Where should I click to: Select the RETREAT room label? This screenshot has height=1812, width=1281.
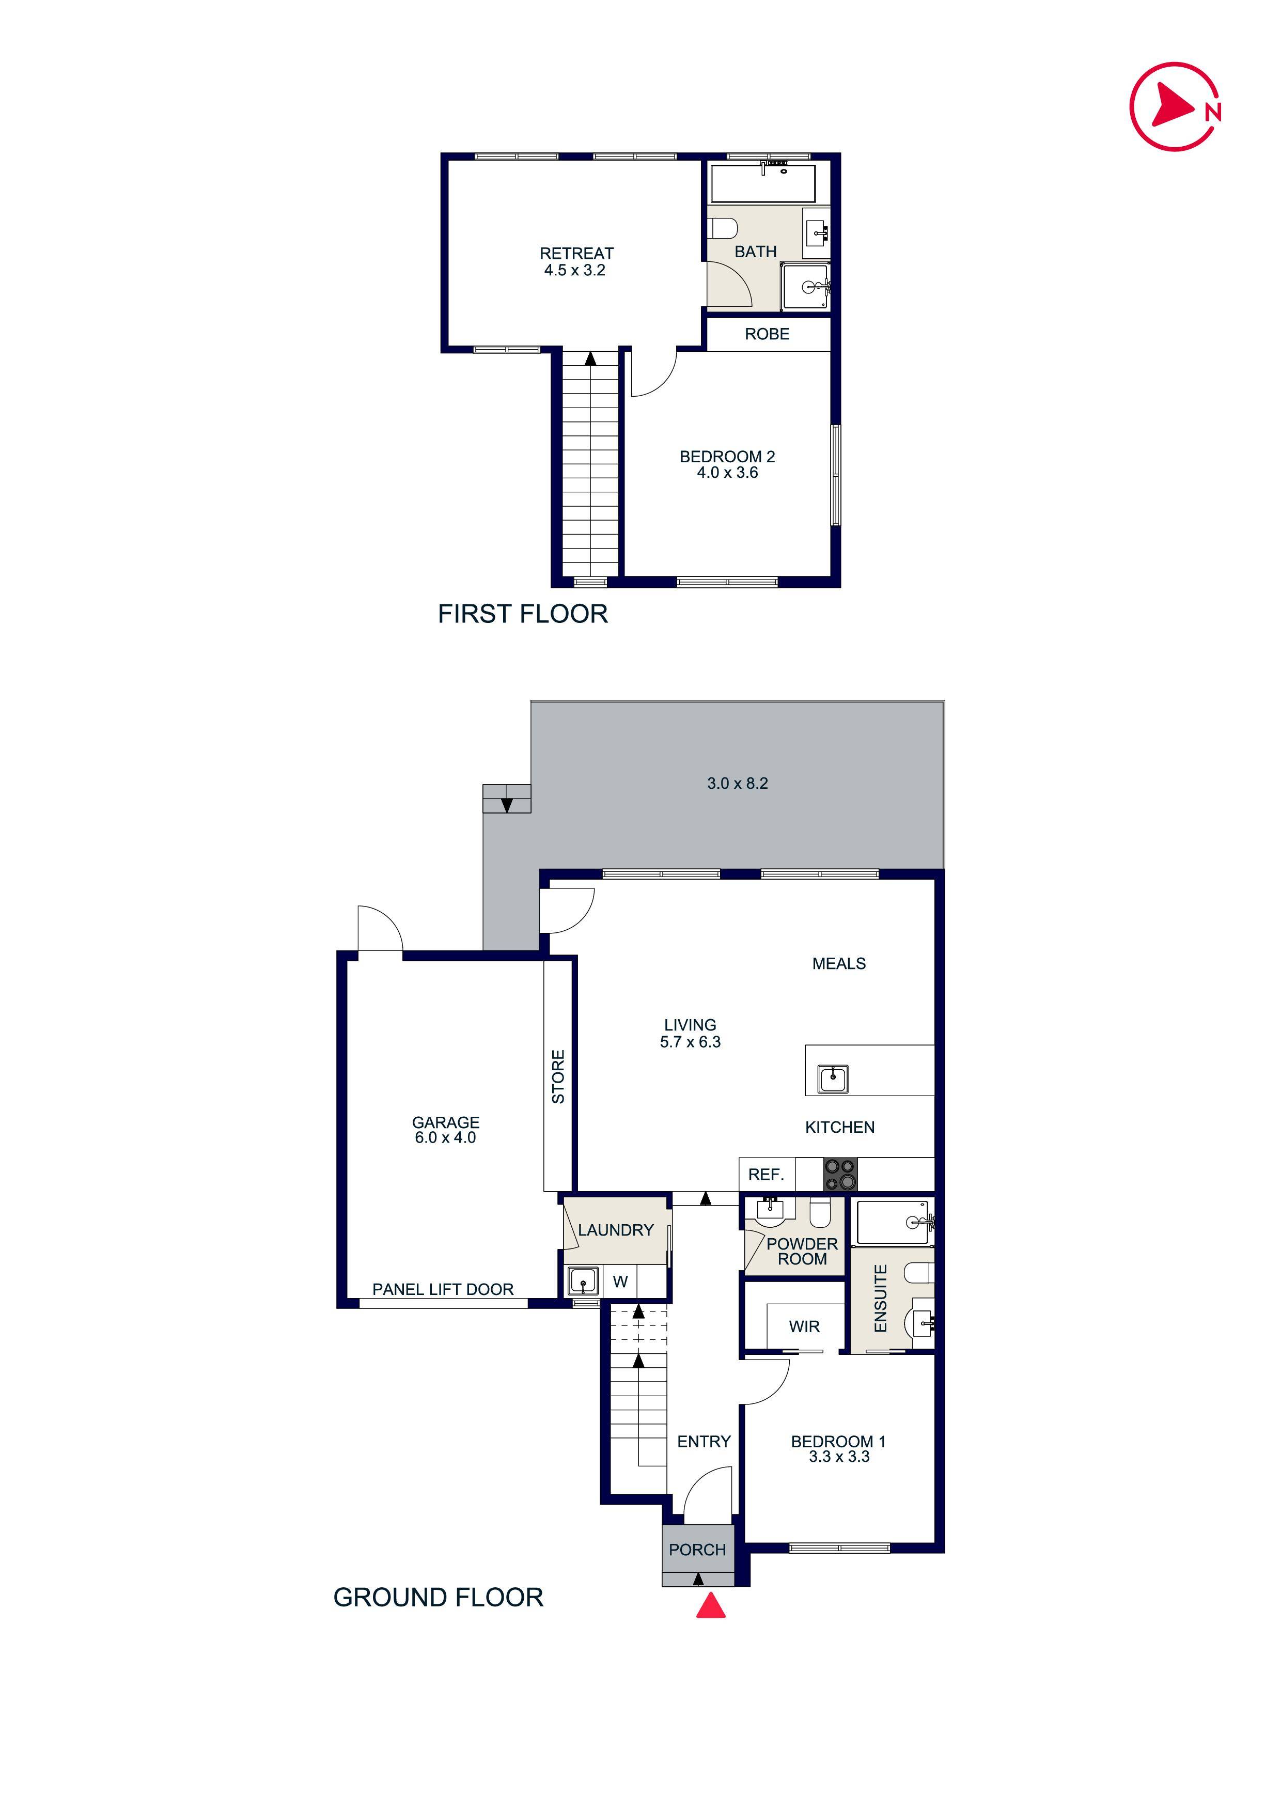576,253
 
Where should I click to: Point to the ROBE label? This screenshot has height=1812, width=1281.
767,334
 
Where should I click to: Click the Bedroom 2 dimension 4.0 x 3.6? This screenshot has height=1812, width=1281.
727,473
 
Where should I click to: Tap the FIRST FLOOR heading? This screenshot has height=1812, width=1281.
523,614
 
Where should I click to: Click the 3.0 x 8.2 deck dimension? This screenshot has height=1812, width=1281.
737,784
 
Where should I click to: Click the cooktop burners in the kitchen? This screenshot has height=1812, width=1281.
840,1174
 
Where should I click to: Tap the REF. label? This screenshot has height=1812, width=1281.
766,1174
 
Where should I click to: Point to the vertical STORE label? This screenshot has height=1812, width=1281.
558,1076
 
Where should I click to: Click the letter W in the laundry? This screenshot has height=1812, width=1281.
620,1282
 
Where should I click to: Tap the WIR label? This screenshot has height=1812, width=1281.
804,1326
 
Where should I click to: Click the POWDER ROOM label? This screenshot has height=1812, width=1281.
802,1251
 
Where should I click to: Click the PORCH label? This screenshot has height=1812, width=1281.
697,1550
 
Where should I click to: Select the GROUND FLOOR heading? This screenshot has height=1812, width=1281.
438,1597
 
